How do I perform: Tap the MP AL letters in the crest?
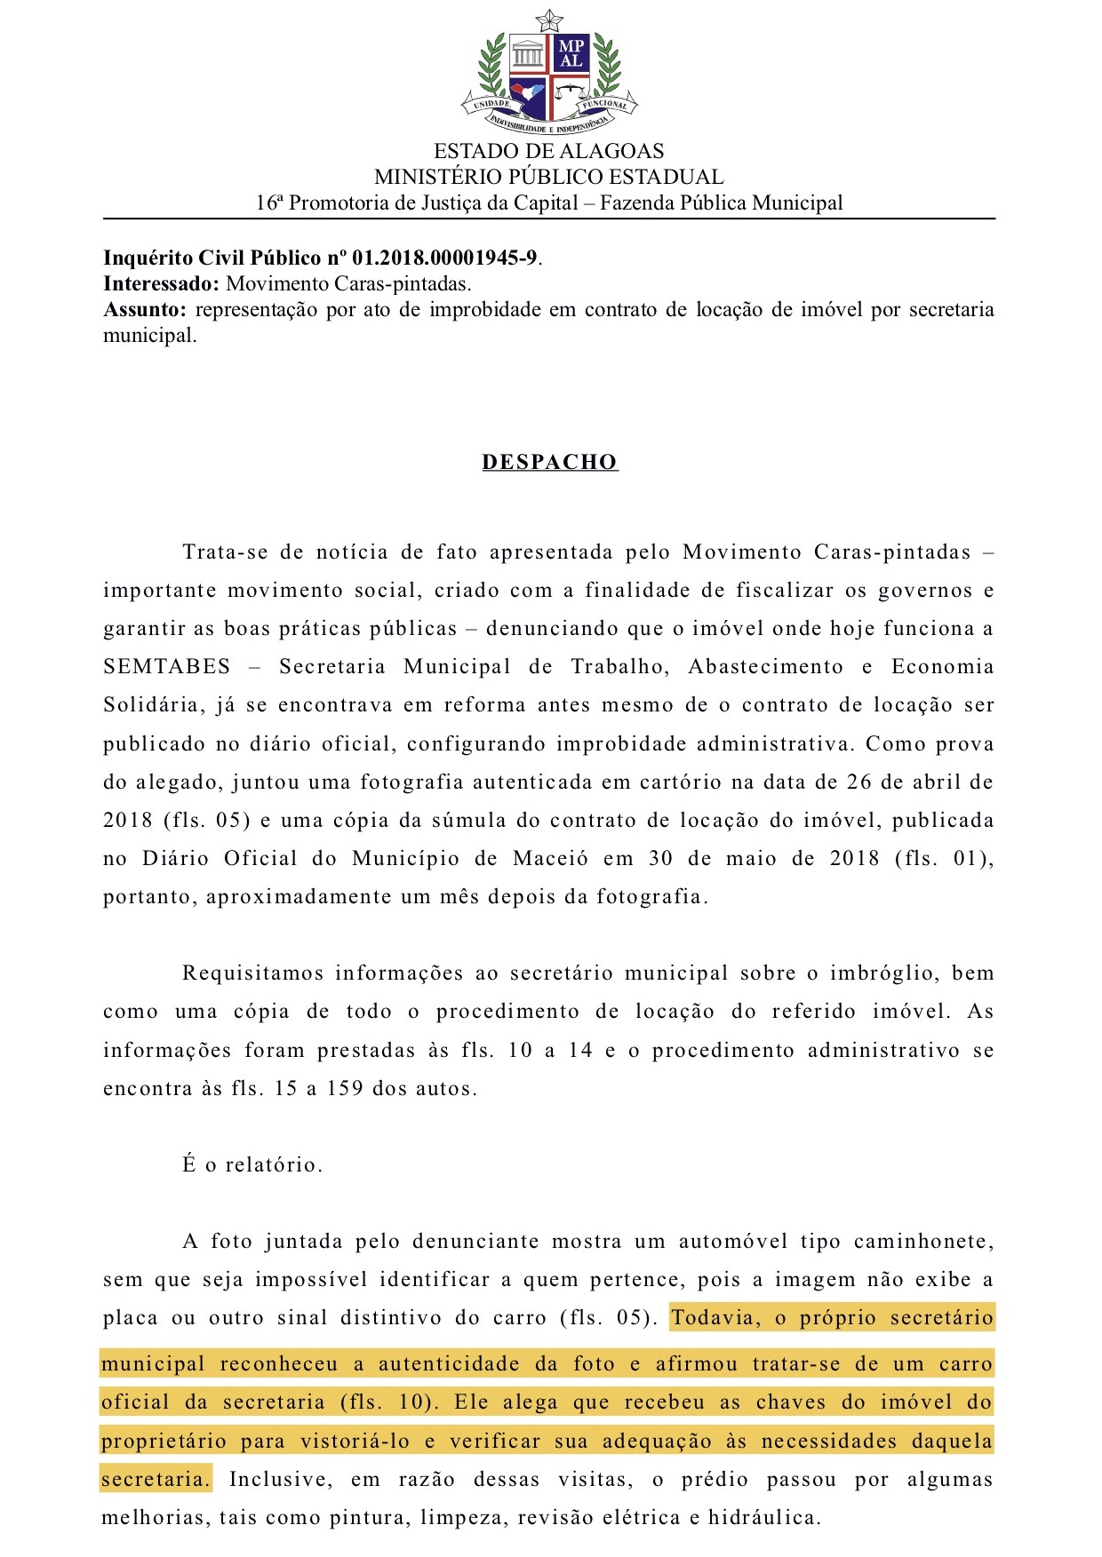pos(571,54)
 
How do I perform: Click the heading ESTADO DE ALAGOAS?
pos(548,151)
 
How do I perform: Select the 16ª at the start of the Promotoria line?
pos(269,203)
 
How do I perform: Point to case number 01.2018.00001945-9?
pos(444,258)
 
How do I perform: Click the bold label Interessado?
pos(161,284)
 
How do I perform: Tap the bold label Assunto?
pos(145,310)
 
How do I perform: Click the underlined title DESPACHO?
pos(549,463)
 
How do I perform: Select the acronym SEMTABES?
pos(167,667)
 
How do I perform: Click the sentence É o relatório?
pos(252,1165)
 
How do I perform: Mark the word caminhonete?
pos(922,1242)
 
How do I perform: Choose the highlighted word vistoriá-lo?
pos(355,1442)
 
